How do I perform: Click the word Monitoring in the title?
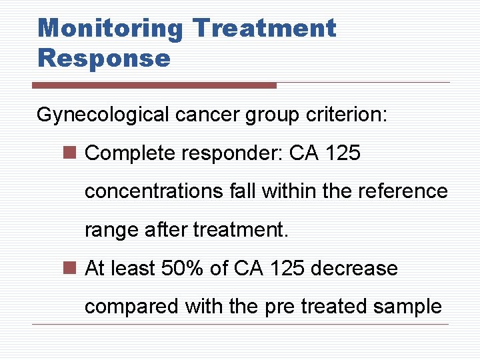click(x=110, y=29)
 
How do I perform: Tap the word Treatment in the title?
click(x=264, y=29)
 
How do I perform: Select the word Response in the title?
click(x=104, y=58)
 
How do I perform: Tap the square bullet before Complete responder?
click(x=73, y=154)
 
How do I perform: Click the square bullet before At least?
click(x=73, y=269)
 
